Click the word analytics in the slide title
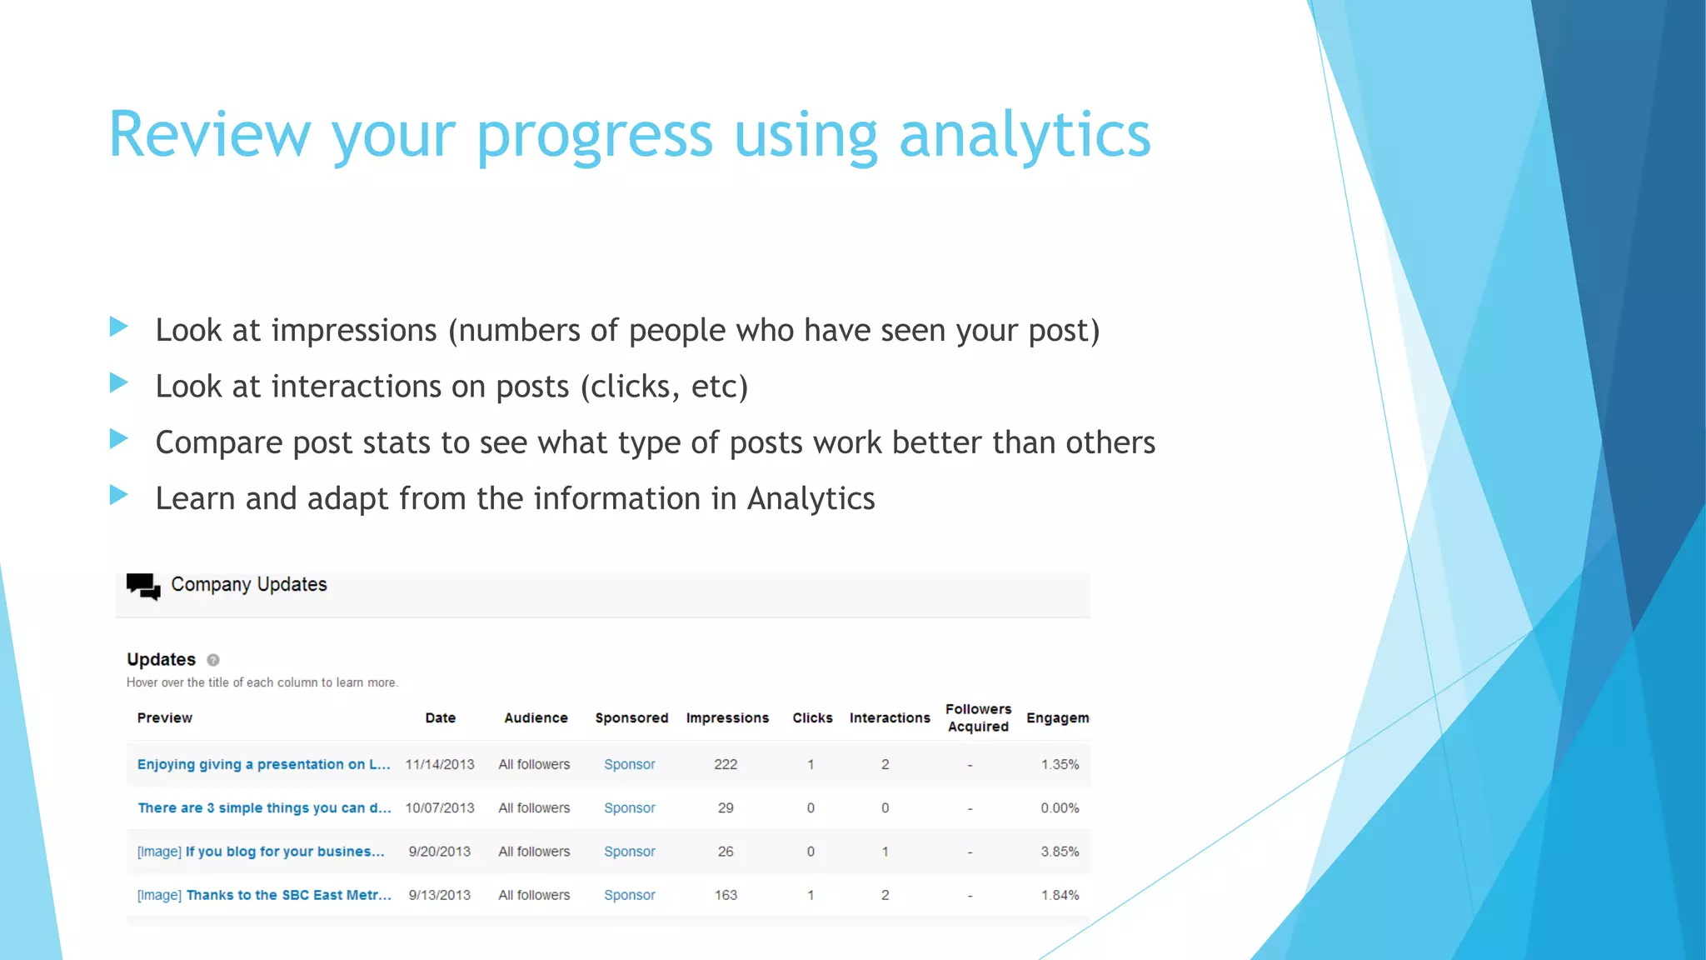point(1025,135)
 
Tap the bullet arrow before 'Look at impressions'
point(119,327)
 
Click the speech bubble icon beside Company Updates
point(143,587)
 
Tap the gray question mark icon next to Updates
point(213,660)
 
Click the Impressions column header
point(727,717)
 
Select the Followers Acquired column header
point(978,717)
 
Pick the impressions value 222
point(726,764)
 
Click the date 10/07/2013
point(440,807)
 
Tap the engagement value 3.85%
point(1060,852)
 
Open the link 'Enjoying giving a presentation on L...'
point(263,764)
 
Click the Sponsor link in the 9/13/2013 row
point(630,895)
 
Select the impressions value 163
point(726,895)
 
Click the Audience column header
point(536,717)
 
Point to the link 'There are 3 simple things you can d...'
point(264,807)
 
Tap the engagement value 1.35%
point(1060,764)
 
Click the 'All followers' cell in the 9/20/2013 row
point(534,852)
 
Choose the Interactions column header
point(890,717)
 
